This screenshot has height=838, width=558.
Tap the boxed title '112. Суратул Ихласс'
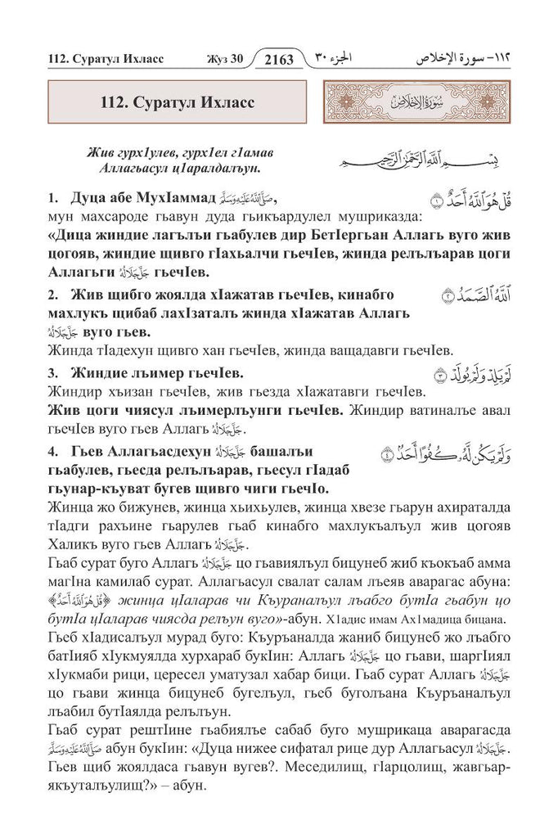pyautogui.click(x=178, y=104)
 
